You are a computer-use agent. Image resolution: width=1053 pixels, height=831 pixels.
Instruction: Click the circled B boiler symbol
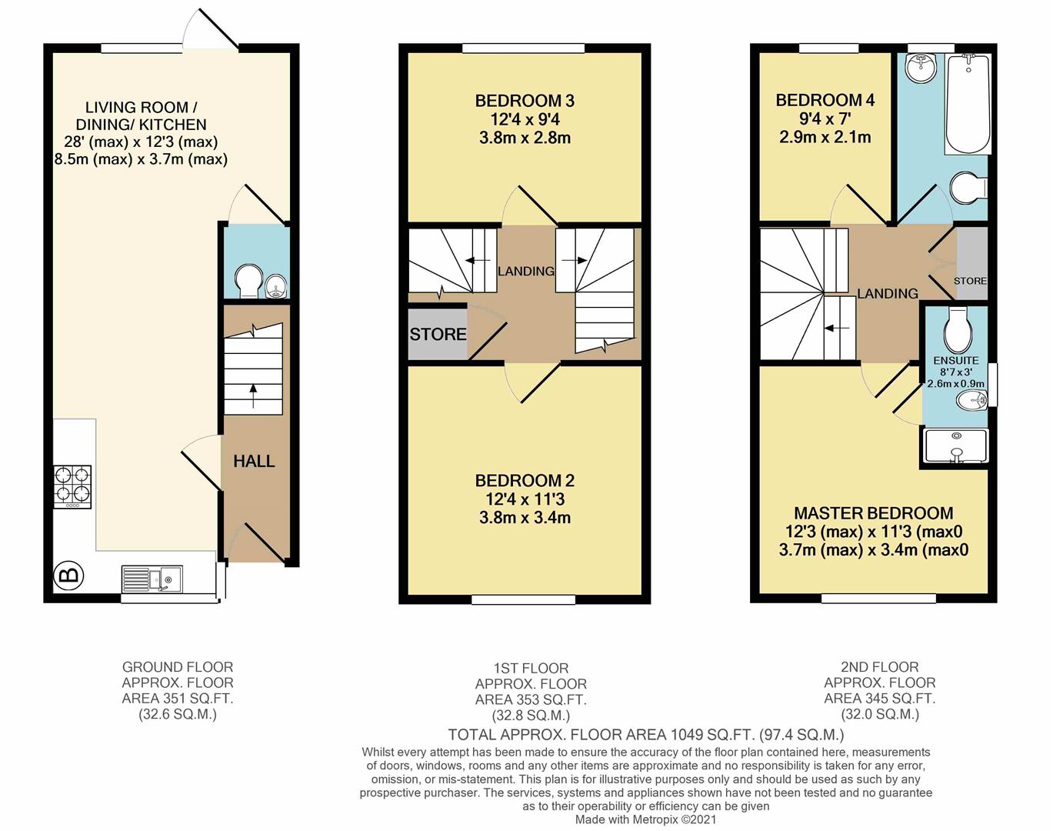pyautogui.click(x=68, y=574)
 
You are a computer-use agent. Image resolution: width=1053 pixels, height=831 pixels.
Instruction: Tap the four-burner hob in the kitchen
pyautogui.click(x=72, y=486)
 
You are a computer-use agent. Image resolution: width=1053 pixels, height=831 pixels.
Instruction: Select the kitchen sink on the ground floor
pyautogui.click(x=152, y=579)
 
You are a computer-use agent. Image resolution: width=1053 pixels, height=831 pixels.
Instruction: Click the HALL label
pyautogui.click(x=254, y=461)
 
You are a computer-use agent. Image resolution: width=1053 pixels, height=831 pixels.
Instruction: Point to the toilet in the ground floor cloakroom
pyautogui.click(x=248, y=281)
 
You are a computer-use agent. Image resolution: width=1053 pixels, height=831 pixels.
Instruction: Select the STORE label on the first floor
pyautogui.click(x=438, y=334)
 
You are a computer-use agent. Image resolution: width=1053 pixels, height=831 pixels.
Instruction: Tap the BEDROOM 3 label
pyautogui.click(x=525, y=101)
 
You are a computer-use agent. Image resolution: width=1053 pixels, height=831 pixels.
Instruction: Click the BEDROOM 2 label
pyautogui.click(x=525, y=481)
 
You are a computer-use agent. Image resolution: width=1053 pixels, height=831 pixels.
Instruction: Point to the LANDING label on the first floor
pyautogui.click(x=525, y=271)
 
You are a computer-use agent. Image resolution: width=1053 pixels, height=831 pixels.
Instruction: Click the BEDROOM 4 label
pyautogui.click(x=825, y=100)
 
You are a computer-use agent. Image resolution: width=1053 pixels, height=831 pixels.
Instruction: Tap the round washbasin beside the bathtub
pyautogui.click(x=920, y=68)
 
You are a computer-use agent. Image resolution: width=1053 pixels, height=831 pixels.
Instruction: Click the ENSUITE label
pyautogui.click(x=955, y=360)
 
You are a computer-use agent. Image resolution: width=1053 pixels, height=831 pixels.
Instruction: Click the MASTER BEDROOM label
pyautogui.click(x=873, y=513)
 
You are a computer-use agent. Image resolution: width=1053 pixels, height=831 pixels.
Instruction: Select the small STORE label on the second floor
pyautogui.click(x=970, y=281)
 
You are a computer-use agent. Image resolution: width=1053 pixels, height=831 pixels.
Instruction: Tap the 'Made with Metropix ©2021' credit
pyautogui.click(x=646, y=820)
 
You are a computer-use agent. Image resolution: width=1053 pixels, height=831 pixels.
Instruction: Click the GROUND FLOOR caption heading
pyautogui.click(x=177, y=667)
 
